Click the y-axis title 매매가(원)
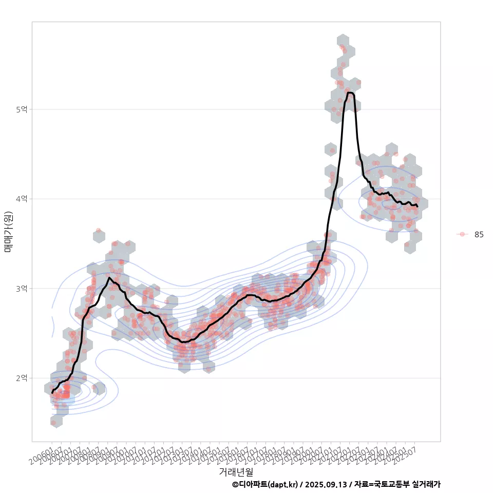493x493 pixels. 9,232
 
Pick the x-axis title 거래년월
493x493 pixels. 236,471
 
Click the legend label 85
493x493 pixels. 479,234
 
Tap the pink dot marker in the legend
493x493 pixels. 462,234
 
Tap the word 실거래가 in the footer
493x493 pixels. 427,484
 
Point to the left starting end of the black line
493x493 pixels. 52,393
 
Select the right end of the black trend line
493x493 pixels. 418,206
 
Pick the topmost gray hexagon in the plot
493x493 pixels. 343,41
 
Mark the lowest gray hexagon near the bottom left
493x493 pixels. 56,421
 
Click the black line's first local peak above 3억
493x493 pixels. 109,278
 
